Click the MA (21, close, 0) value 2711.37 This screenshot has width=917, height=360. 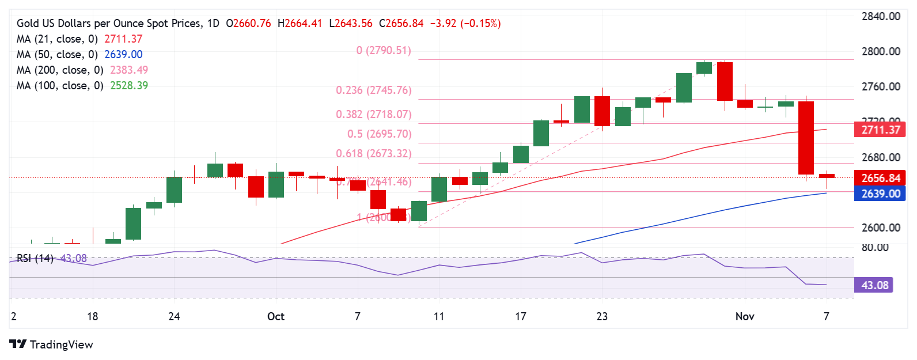click(123, 39)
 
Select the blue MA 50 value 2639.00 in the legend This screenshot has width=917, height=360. click(123, 55)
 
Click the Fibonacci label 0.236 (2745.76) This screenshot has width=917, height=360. click(374, 90)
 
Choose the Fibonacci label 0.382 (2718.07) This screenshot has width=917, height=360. click(374, 115)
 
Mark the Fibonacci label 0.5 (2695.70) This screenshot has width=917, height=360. click(379, 134)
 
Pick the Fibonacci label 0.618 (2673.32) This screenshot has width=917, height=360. click(374, 154)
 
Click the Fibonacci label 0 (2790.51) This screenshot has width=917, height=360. click(384, 51)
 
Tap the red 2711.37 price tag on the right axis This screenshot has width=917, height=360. click(880, 130)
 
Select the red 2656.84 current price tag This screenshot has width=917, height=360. click(880, 178)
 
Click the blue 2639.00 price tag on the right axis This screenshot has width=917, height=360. click(880, 194)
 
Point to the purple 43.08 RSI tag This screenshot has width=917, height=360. click(874, 285)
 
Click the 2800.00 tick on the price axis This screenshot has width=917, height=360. click(881, 51)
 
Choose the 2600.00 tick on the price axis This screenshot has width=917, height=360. click(881, 228)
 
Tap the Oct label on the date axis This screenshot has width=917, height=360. click(276, 316)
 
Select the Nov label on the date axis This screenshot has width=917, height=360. click(745, 316)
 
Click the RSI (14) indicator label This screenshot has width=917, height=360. click(35, 259)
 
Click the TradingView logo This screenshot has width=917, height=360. click(51, 344)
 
